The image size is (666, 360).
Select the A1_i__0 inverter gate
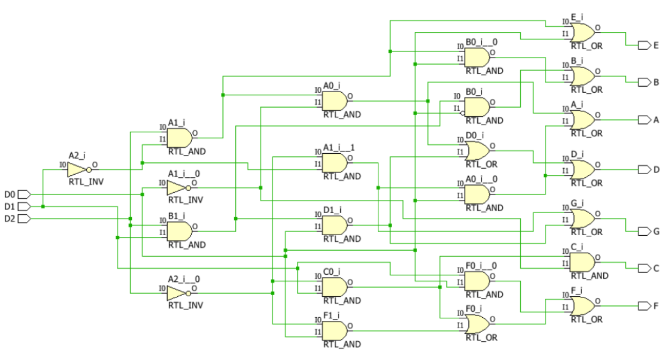click(x=177, y=187)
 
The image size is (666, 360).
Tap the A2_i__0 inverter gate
click(x=177, y=293)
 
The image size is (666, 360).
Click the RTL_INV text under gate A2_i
click(x=86, y=182)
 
